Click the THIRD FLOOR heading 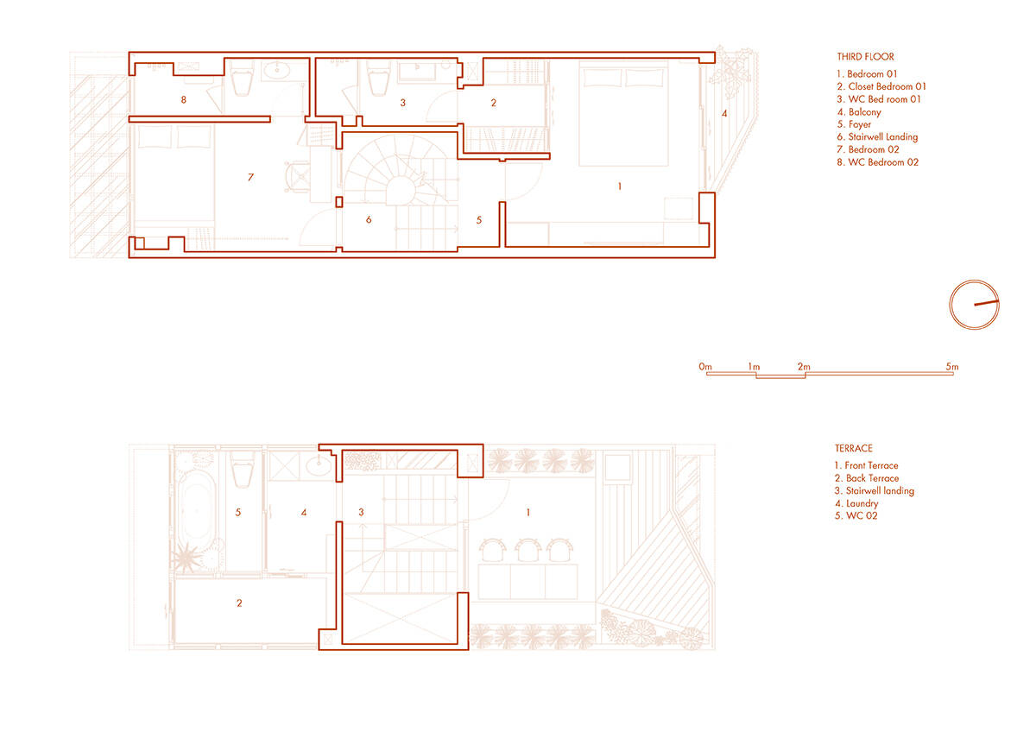coord(865,57)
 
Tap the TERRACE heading coord(853,448)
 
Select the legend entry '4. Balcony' coord(859,112)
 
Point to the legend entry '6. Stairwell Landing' coord(877,137)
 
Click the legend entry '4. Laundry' coord(856,503)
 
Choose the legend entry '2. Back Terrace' coord(867,478)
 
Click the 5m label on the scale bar coord(951,367)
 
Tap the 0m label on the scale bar coord(705,367)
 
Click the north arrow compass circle coord(974,305)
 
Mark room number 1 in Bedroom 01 coord(620,186)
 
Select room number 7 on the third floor coord(250,177)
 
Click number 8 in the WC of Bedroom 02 coord(184,100)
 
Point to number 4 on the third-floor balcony coord(724,113)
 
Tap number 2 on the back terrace coord(239,603)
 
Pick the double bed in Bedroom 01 coord(624,114)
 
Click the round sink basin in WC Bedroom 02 coord(276,71)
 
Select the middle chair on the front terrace coord(527,550)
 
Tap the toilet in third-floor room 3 coord(379,79)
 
